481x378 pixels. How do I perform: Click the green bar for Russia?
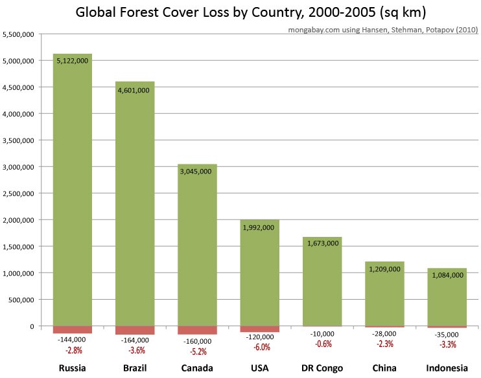click(73, 194)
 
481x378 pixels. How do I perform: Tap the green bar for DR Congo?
click(322, 285)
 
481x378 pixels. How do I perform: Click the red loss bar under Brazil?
click(135, 330)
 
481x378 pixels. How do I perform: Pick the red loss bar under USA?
click(260, 329)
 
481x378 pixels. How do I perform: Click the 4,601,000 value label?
click(135, 90)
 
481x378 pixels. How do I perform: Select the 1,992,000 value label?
click(260, 227)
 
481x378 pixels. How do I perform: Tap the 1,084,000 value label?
click(447, 275)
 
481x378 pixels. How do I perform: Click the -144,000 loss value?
click(73, 339)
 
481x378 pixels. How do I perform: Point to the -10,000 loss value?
click(322, 333)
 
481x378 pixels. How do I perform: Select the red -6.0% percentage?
click(260, 347)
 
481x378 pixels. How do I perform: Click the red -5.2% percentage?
click(197, 352)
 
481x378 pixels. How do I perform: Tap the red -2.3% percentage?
click(385, 344)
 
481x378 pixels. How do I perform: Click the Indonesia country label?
click(447, 368)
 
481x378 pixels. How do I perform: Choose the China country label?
click(385, 368)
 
